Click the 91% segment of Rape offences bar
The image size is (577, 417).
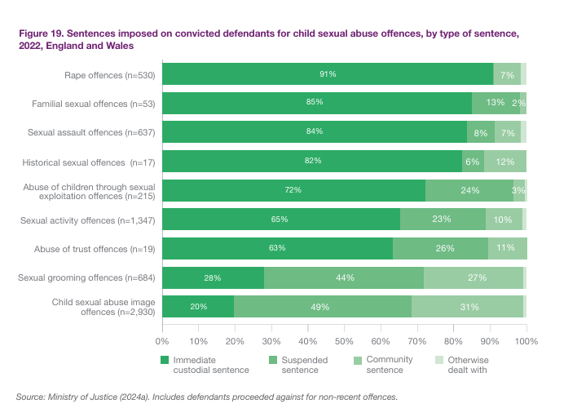coord(328,74)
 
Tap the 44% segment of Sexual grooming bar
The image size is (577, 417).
coord(344,277)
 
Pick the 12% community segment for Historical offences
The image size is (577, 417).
coord(505,161)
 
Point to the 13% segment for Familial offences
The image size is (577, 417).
coord(494,103)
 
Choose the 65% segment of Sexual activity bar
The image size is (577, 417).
coord(281,220)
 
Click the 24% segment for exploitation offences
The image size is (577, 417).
coord(469,190)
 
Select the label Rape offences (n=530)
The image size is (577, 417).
coord(110,75)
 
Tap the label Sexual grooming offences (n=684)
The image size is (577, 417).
coord(86,278)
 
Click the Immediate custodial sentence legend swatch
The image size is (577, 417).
coord(165,359)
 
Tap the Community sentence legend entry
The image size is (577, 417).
coord(390,365)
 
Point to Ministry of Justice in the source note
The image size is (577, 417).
coord(77,397)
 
